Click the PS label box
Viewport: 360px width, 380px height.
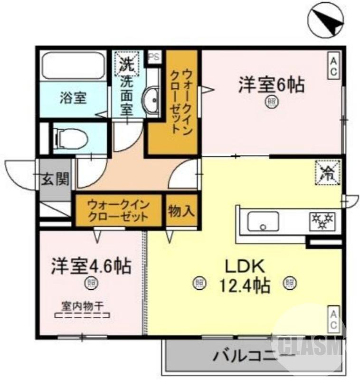pos(154,56)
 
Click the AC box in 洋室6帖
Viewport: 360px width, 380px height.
pos(333,66)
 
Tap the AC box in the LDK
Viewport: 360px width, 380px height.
pos(333,319)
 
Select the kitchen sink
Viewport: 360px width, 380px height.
pos(262,221)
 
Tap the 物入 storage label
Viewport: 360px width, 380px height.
pos(181,211)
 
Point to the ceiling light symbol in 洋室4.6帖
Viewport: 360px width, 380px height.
pos(90,284)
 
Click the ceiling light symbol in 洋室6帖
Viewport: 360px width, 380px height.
pos(271,101)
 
